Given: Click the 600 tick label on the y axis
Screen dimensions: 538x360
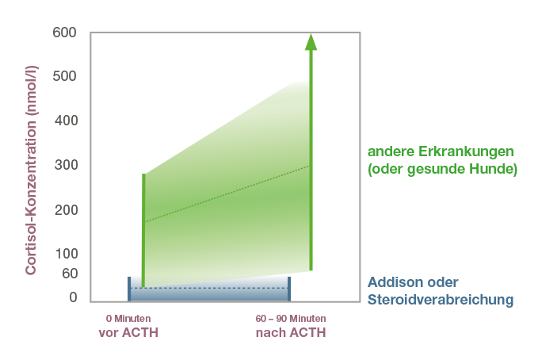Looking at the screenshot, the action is [64, 33].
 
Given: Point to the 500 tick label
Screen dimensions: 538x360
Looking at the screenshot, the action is [64, 76].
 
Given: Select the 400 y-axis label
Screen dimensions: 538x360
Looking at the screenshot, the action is [67, 121].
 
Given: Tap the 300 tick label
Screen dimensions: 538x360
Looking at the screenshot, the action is [67, 165].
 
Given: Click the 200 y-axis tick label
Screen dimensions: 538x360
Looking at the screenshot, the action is [67, 210].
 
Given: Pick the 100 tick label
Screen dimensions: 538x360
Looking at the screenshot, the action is [67, 254].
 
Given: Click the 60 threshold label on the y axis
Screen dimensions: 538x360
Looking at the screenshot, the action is [70, 274].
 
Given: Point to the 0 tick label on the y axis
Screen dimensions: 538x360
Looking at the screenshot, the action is [73, 297].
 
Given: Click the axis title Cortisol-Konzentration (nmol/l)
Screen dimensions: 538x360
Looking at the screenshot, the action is [31, 170].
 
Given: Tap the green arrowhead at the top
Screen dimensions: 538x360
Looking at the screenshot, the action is [311, 42].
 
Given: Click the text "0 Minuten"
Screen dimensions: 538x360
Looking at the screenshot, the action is [128, 319].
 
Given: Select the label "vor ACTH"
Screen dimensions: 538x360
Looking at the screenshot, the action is [128, 332].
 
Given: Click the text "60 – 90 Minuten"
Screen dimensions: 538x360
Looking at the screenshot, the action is [291, 319].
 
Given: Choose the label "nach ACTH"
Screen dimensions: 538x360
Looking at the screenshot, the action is [291, 332].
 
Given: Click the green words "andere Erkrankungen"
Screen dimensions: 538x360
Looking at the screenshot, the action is [441, 151].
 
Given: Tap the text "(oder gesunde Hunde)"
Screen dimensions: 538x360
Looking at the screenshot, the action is [442, 169].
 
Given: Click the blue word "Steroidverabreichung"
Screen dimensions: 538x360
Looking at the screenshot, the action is [441, 300].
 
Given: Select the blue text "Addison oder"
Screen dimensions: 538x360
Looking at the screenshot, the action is [413, 282].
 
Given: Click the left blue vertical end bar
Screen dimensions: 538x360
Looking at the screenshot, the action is [129, 289].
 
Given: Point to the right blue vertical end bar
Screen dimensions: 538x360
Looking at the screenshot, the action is [289, 289].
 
